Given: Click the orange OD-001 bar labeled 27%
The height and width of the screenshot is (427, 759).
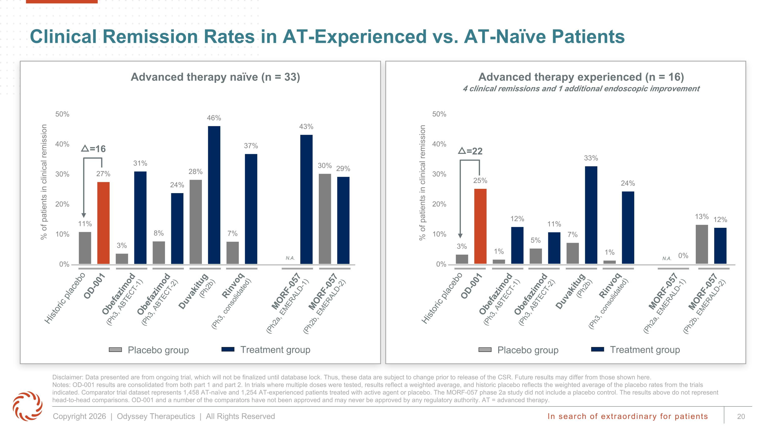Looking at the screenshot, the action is pyautogui.click(x=103, y=223).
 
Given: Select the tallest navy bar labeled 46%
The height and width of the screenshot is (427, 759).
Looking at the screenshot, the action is pyautogui.click(x=214, y=195).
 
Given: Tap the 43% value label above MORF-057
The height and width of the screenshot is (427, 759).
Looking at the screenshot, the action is pyautogui.click(x=306, y=127).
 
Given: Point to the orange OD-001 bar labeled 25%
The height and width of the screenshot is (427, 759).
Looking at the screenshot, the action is pyautogui.click(x=480, y=226).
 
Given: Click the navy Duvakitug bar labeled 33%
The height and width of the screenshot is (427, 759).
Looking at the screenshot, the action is pyautogui.click(x=591, y=215).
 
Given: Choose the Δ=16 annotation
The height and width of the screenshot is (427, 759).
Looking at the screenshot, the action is pyautogui.click(x=93, y=149).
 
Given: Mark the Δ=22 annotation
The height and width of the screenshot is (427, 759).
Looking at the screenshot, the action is pyautogui.click(x=471, y=151).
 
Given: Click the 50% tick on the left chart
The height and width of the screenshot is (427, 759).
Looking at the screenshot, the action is pyautogui.click(x=62, y=114).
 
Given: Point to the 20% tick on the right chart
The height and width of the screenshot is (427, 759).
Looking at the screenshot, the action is pyautogui.click(x=439, y=204).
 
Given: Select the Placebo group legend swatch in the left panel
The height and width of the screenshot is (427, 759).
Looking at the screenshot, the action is pyautogui.click(x=115, y=350).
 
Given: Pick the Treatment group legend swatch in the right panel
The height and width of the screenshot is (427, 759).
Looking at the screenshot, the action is pyautogui.click(x=598, y=349).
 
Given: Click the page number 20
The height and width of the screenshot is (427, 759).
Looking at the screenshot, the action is pyautogui.click(x=741, y=416).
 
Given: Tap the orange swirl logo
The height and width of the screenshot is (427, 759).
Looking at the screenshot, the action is pyautogui.click(x=27, y=406).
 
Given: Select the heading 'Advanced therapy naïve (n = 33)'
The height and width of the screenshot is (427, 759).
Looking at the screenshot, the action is pyautogui.click(x=215, y=77).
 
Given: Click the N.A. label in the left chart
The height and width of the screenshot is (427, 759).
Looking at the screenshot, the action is pyautogui.click(x=290, y=258).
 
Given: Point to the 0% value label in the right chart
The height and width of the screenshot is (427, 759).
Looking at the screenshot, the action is pyautogui.click(x=683, y=255).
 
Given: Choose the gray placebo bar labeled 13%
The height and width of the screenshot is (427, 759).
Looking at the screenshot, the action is pyautogui.click(x=702, y=244).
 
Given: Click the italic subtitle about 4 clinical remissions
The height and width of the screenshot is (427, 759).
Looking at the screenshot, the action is pyautogui.click(x=581, y=89).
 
